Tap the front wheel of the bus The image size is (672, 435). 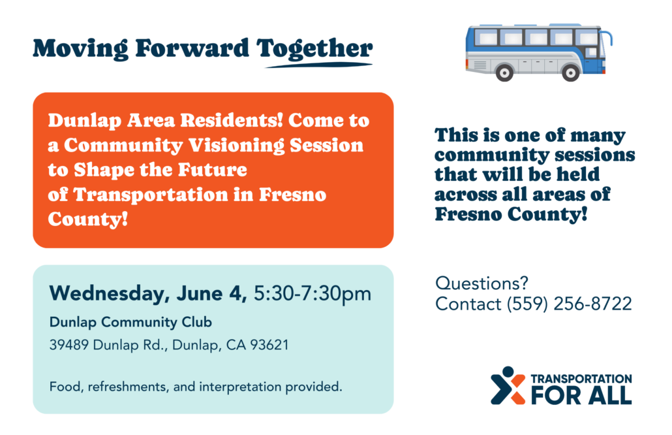[571, 73]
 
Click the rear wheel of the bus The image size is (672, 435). [504, 73]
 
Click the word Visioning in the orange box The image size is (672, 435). [236, 146]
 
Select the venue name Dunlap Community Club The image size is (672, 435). [130, 322]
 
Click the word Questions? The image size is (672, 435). [481, 283]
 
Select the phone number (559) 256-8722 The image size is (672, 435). [569, 304]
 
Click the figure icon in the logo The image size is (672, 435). [508, 385]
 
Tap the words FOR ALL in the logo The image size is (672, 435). [581, 395]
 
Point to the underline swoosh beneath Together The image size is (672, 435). [319, 65]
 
